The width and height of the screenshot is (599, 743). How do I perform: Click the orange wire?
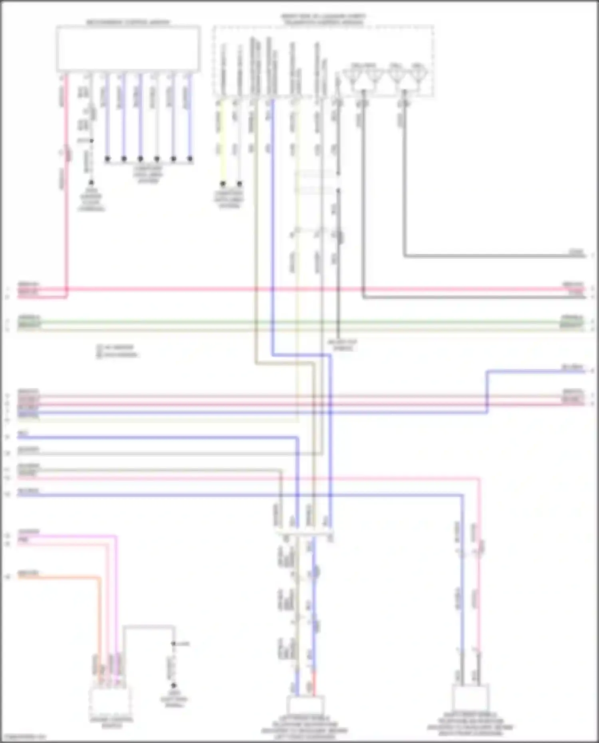click(x=60, y=577)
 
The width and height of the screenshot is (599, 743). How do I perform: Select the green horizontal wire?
click(x=280, y=321)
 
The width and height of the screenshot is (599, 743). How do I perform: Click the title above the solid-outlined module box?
click(x=128, y=22)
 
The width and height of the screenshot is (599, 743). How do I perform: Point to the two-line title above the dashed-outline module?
click(x=323, y=19)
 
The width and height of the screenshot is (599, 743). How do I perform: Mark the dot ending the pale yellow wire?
click(x=223, y=184)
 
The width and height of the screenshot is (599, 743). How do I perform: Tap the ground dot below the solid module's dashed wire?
click(x=91, y=182)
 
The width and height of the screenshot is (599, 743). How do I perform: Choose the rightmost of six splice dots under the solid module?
click(x=190, y=159)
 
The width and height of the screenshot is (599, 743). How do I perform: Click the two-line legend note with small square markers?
click(x=117, y=351)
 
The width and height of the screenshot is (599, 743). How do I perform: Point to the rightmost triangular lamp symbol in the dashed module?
click(x=418, y=75)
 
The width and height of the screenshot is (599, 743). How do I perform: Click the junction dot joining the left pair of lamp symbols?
click(x=363, y=92)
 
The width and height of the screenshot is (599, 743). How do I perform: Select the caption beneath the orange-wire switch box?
click(x=111, y=723)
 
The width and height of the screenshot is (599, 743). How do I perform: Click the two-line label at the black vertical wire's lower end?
click(x=343, y=345)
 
